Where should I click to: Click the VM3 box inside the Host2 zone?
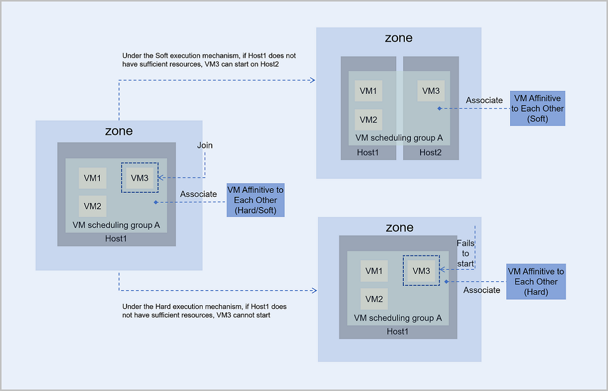pos(431,91)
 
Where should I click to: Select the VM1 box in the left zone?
pos(92,178)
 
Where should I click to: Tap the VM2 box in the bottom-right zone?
pos(374,299)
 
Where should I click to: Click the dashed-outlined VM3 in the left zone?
pos(139,177)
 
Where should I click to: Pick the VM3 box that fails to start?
pos(421,271)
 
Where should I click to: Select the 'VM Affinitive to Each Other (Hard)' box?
pos(536,281)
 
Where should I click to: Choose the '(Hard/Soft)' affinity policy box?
pos(255,200)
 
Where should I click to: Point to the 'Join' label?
pos(205,146)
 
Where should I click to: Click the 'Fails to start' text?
pos(466,254)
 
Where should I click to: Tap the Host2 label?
pos(430,152)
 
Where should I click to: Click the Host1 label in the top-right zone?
pos(368,152)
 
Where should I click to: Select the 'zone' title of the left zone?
pos(119,131)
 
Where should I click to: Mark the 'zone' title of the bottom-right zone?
pos(399,227)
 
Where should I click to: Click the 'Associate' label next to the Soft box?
pos(484,100)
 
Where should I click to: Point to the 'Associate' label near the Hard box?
pos(482,290)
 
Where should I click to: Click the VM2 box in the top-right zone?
pos(368,120)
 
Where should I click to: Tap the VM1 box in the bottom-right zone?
pos(374,271)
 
